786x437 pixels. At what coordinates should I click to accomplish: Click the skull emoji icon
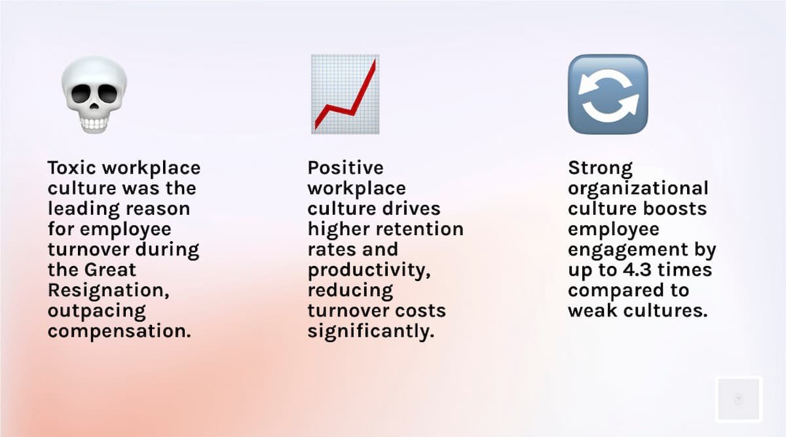pos(94,95)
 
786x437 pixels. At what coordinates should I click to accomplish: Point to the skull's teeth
pos(94,124)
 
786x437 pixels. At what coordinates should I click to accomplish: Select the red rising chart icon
pos(345,94)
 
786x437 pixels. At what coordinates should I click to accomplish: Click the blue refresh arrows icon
pos(608,94)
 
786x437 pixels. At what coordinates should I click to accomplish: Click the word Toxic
pos(71,168)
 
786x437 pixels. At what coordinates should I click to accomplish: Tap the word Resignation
pos(109,291)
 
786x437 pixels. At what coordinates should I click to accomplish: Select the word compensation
pos(119,332)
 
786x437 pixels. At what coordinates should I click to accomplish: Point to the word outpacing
pos(96,311)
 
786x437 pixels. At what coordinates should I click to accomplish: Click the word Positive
pos(345,168)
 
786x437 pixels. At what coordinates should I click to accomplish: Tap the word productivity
pos(369,271)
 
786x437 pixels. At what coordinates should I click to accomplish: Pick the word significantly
pos(371,332)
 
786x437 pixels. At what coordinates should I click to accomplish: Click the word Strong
pos(601,168)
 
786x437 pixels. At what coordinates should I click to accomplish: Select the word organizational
pos(638,189)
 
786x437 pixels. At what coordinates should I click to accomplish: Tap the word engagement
pos(627,250)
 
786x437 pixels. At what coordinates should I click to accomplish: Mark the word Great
pos(110,270)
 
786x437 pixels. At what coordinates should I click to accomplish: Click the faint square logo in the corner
pos(739,399)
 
